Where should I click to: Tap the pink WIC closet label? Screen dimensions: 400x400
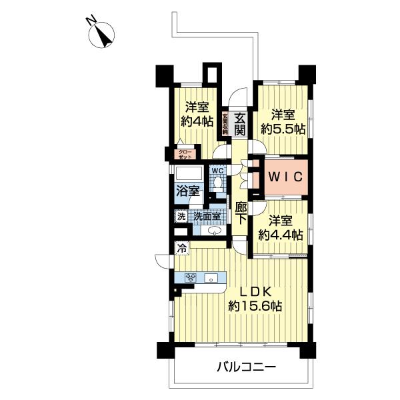pos(286,177)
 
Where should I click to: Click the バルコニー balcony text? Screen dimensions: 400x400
pos(246,366)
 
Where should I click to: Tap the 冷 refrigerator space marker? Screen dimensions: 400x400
pos(181,249)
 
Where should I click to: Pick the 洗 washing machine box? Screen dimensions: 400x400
pos(181,216)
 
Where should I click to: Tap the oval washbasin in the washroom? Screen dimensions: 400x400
pos(214,231)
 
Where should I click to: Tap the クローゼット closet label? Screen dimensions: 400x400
pos(183,154)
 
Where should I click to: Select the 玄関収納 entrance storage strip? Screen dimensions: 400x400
pos(225,123)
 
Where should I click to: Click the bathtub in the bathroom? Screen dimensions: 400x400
pos(189,175)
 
